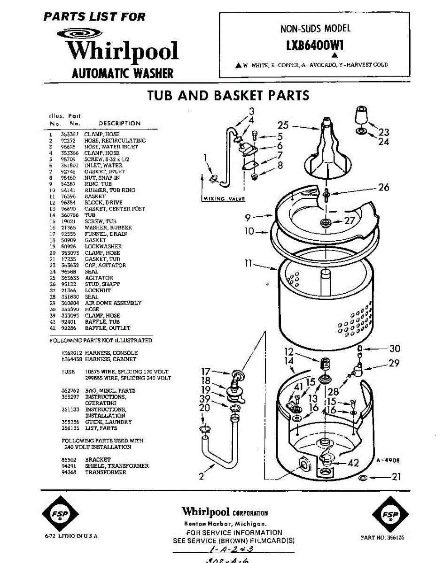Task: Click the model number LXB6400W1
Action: pos(315,46)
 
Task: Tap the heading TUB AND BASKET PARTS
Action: pos(228,95)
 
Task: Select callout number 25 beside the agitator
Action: pos(283,125)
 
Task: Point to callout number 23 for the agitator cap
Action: pos(384,132)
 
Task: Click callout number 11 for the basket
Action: pos(249,264)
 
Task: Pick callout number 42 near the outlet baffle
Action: pos(353,463)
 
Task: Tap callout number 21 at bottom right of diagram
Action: pos(396,477)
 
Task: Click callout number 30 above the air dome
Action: pos(395,349)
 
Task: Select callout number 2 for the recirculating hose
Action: pos(201,477)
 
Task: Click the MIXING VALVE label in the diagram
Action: pos(224,199)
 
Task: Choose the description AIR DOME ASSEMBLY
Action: pos(113,303)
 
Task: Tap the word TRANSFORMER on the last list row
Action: pos(106,472)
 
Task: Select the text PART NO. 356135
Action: pos(382,538)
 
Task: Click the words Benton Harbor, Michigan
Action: pos(225,524)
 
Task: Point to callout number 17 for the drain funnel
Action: pos(206,372)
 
